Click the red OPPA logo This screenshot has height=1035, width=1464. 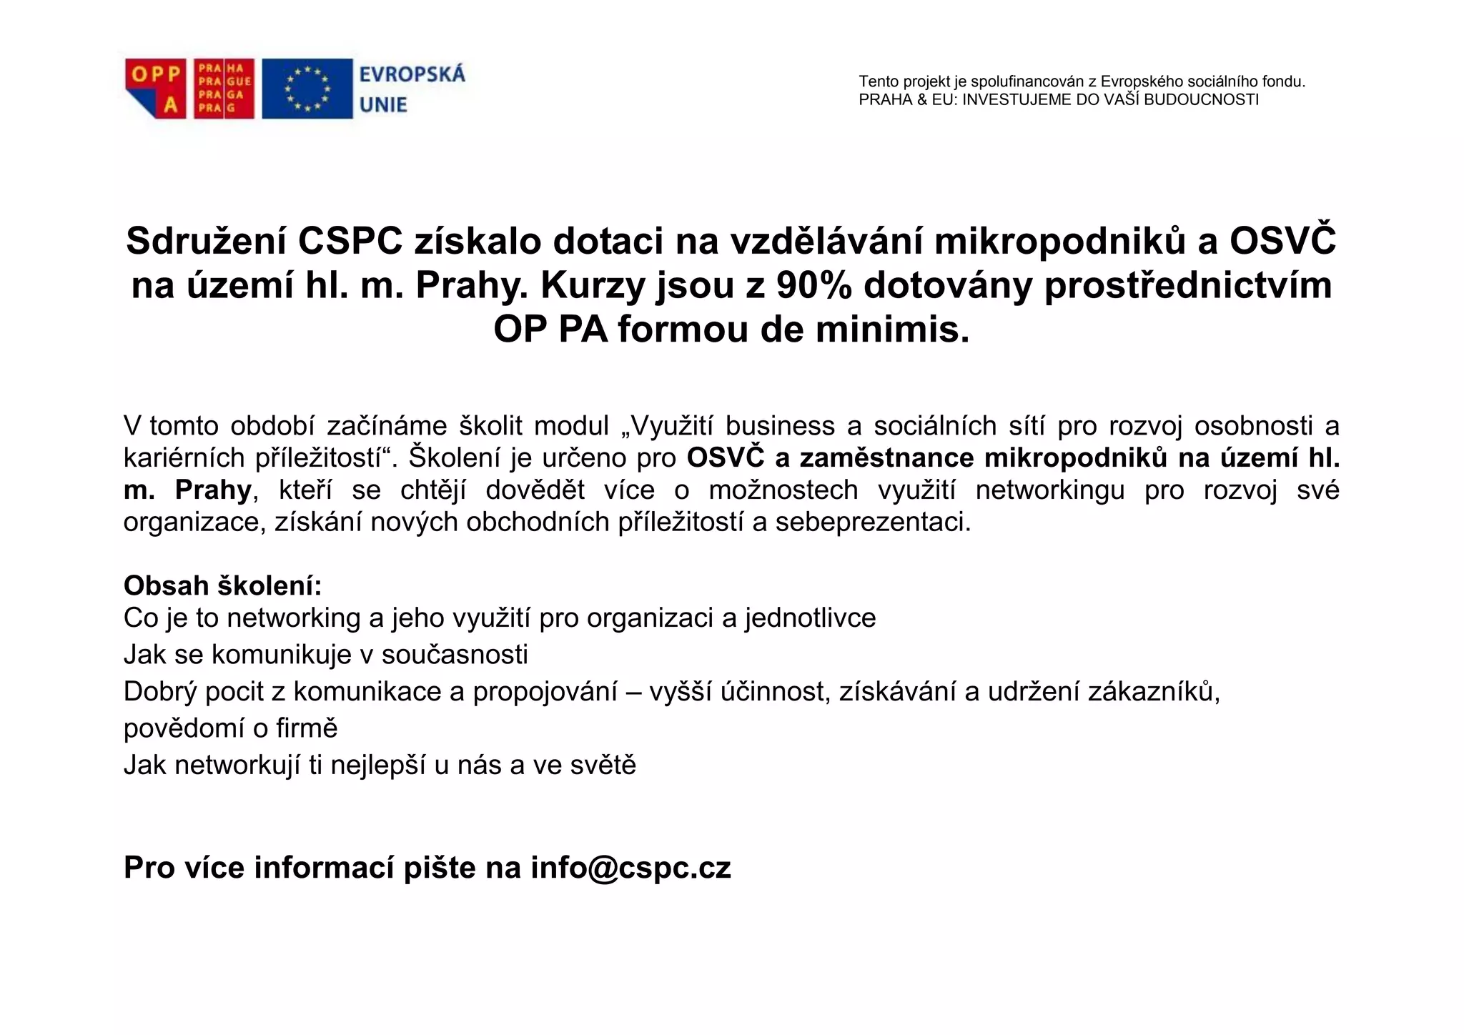pos(155,89)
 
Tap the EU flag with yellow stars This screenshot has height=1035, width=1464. pos(307,89)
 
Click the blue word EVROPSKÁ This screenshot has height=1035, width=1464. pos(412,74)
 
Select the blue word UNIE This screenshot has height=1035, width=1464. pos(383,105)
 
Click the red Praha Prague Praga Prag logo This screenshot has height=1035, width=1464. pos(224,89)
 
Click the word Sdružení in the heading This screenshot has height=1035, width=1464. pos(206,241)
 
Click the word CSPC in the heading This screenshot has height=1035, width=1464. pos(350,241)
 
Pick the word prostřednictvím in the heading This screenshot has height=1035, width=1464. pos(1188,285)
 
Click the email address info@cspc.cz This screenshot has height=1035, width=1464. pos(630,868)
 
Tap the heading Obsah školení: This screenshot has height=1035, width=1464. pos(222,586)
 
